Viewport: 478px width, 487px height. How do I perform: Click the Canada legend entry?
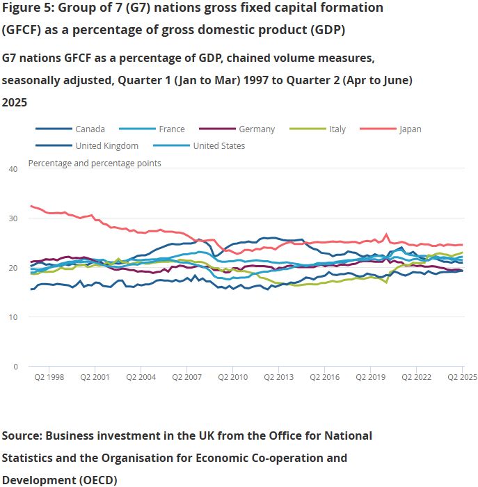(x=90, y=129)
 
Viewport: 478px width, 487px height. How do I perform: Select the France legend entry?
(x=171, y=129)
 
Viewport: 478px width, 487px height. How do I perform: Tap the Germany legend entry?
(x=257, y=129)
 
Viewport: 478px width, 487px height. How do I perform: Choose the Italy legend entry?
(x=337, y=129)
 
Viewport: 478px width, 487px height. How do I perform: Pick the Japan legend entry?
(x=410, y=129)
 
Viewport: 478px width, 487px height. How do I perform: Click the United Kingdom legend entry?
(x=106, y=145)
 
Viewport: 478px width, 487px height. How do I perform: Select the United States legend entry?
(x=218, y=145)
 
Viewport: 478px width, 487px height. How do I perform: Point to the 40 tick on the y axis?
(x=13, y=169)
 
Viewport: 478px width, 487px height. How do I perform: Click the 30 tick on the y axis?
(x=13, y=218)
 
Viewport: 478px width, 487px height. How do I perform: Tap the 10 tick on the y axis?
(x=13, y=317)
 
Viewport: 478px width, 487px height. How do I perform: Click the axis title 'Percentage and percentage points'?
(x=94, y=163)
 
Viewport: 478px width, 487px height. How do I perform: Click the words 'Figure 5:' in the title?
(x=28, y=8)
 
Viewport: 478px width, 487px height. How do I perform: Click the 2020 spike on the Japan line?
(x=387, y=234)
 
